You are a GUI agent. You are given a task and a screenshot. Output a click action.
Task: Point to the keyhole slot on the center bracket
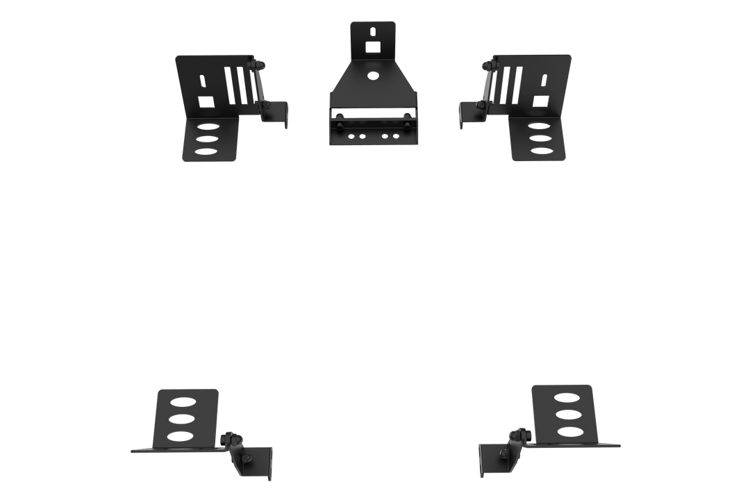[x=374, y=32]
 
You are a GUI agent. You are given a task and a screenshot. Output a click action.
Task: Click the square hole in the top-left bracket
[x=206, y=101]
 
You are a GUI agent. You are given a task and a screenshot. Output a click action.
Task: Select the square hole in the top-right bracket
[x=540, y=101]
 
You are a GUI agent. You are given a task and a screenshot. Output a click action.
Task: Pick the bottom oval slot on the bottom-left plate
[x=181, y=435]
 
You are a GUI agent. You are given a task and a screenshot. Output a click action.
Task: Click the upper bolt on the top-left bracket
[x=260, y=65]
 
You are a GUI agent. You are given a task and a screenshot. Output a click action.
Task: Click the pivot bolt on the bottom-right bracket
[x=518, y=435]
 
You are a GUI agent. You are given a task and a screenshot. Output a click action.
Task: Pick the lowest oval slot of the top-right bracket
[x=541, y=151]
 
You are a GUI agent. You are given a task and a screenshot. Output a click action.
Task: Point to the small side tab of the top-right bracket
[x=468, y=114]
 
